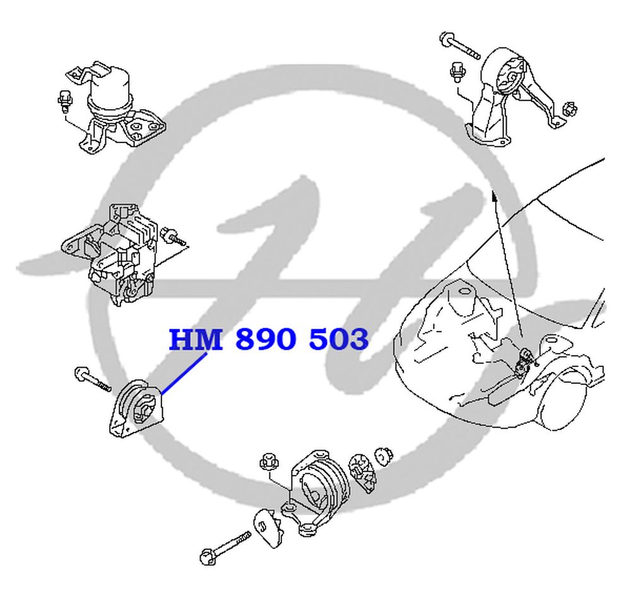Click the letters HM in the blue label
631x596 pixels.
click(x=196, y=339)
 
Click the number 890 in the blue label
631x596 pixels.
click(x=266, y=339)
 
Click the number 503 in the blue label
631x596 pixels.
click(x=338, y=339)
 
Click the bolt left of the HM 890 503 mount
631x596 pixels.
click(x=92, y=379)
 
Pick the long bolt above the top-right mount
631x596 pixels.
click(x=459, y=45)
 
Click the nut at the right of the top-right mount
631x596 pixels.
click(x=570, y=108)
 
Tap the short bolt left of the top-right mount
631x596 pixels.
click(x=456, y=72)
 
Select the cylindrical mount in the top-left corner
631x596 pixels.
click(x=116, y=108)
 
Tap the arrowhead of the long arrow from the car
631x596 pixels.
click(x=494, y=196)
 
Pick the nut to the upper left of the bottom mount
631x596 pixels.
click(x=267, y=462)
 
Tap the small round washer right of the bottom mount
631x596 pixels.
click(x=384, y=456)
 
